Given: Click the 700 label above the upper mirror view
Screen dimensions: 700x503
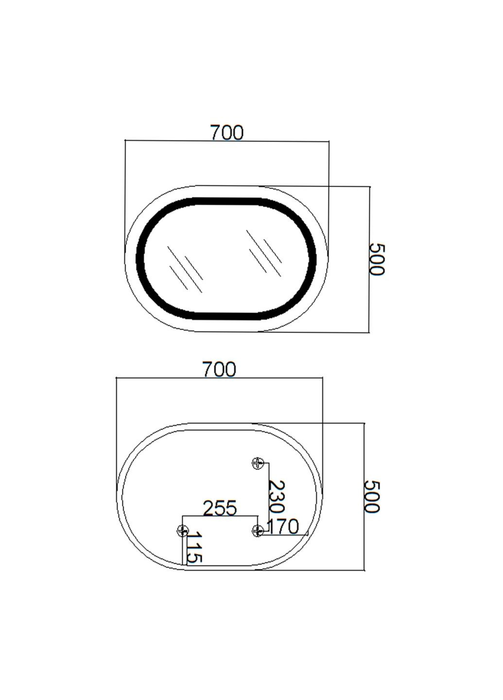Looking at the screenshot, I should coord(226,132).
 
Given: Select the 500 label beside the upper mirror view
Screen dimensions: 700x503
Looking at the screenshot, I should coord(377,259).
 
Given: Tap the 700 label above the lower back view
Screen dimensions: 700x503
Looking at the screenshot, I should coord(219,369).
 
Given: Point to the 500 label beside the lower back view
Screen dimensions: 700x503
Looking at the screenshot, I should coord(371,496).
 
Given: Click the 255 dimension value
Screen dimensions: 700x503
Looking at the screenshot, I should coord(220,508).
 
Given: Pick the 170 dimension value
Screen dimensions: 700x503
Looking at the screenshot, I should coord(283,526).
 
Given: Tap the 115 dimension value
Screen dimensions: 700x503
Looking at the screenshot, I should coord(194,547).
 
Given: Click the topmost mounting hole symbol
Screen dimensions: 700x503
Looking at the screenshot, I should coord(258,463).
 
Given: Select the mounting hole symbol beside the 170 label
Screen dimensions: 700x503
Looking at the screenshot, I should coord(258,530).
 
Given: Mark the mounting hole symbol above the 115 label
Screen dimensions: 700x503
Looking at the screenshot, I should coord(182,531).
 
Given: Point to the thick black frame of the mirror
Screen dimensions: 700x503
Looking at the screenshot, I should coord(140,258).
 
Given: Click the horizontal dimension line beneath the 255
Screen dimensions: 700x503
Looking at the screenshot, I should coord(220,516).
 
